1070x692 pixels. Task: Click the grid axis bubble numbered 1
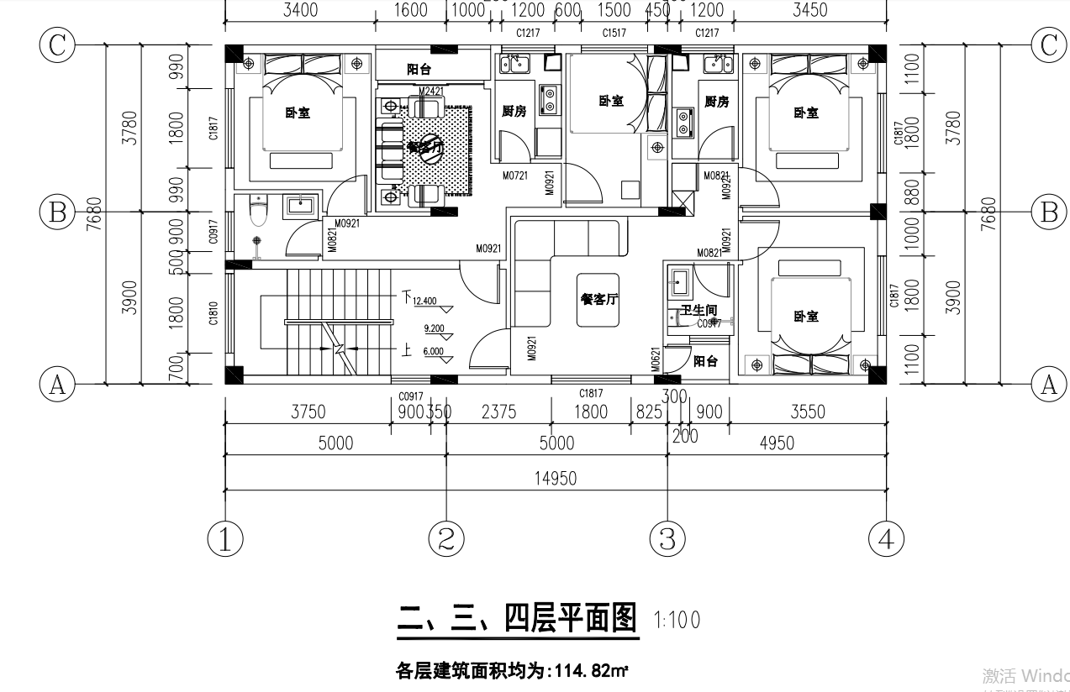(225, 538)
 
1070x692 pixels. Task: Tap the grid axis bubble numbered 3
(667, 538)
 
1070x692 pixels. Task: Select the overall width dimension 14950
(556, 479)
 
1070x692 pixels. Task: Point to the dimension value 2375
(498, 412)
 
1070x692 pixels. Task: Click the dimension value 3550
(807, 412)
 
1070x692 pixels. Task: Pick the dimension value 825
(648, 412)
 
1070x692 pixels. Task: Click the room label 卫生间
(698, 310)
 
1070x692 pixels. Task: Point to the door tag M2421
(430, 91)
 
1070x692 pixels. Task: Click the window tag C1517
(614, 33)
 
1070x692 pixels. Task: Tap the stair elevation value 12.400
(424, 301)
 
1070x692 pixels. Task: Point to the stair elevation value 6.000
(434, 352)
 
